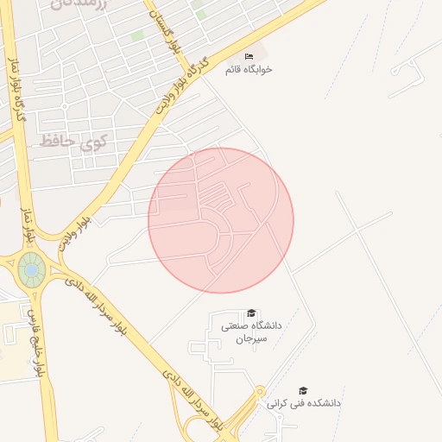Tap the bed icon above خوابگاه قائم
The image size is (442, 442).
point(249,56)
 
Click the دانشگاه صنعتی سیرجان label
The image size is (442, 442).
point(245,332)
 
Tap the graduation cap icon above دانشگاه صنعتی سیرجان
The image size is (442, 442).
point(251,313)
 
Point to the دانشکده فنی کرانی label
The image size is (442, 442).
point(303,403)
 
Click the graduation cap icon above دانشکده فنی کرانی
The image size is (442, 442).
point(302,390)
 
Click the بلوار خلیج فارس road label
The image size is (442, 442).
point(35,340)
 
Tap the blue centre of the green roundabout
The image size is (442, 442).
point(32,270)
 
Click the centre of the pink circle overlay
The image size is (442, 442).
point(221,220)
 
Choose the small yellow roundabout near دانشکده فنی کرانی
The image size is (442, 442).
point(260,393)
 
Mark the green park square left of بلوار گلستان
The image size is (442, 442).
point(137,36)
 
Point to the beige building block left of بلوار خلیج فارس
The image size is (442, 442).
point(10,345)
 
